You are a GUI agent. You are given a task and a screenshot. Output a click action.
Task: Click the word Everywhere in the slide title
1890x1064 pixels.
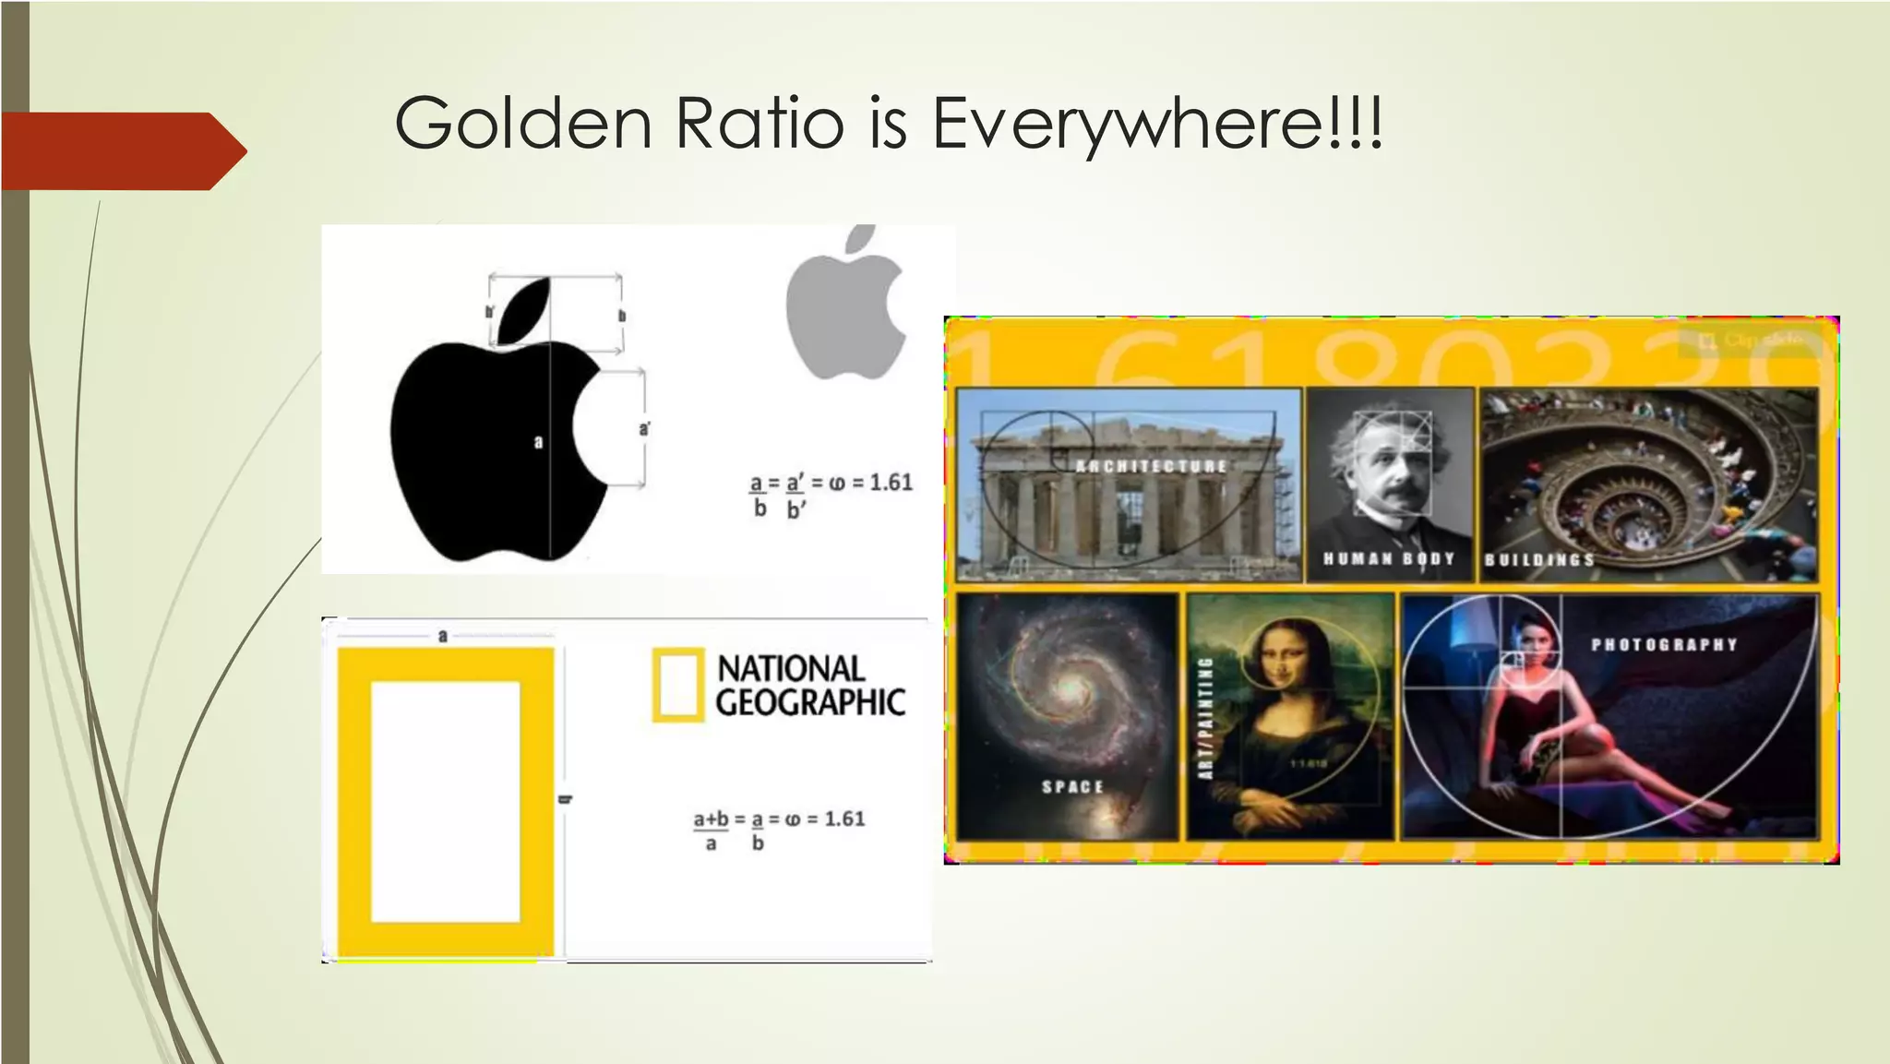(1157, 123)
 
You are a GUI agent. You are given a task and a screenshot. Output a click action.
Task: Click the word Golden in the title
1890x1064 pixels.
(523, 123)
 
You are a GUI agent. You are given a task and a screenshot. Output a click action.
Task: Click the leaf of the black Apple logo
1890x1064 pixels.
(525, 310)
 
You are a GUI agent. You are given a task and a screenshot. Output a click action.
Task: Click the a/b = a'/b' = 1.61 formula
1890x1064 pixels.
(830, 495)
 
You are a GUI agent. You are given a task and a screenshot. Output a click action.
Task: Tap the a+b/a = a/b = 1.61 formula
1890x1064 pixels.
(778, 830)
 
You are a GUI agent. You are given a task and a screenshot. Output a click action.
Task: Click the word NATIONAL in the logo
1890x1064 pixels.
(791, 668)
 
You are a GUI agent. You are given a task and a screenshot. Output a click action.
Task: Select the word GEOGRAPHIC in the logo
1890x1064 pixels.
(810, 703)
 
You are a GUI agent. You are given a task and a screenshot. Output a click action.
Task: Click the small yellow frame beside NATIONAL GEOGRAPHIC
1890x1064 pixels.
(677, 685)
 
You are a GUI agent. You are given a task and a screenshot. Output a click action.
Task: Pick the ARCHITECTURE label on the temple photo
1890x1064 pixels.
(1151, 467)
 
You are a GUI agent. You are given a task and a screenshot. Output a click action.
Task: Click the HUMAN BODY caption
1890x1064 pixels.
(1388, 558)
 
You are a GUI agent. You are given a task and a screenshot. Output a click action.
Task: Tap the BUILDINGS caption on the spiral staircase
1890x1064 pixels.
(1538, 560)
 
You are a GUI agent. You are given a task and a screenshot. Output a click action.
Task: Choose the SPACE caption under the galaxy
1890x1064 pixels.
(1072, 786)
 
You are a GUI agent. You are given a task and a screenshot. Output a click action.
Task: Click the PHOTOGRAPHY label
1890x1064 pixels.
(1664, 644)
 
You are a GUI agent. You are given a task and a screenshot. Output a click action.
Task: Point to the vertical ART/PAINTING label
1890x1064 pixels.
(1205, 718)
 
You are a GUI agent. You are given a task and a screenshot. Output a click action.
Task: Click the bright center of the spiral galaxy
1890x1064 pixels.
(1071, 687)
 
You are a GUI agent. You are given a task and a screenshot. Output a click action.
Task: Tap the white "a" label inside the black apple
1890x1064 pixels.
(539, 443)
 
